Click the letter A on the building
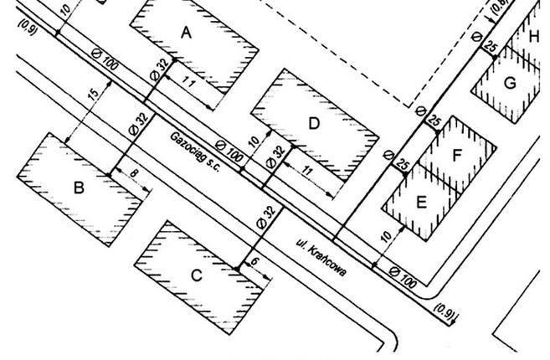(186, 33)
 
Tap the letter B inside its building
(80, 188)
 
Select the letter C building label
(197, 275)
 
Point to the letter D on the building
(314, 124)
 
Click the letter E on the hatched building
(421, 203)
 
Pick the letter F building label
(456, 155)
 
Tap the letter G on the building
(510, 83)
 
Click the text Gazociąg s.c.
(195, 152)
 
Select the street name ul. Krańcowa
(321, 258)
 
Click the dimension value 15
(93, 95)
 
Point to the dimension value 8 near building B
(134, 173)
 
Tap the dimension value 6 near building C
(255, 261)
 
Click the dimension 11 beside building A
(188, 83)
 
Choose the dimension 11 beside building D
(307, 171)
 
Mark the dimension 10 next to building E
(386, 236)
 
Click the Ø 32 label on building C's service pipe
(266, 217)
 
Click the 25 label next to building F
(434, 121)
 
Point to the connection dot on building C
(237, 269)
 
